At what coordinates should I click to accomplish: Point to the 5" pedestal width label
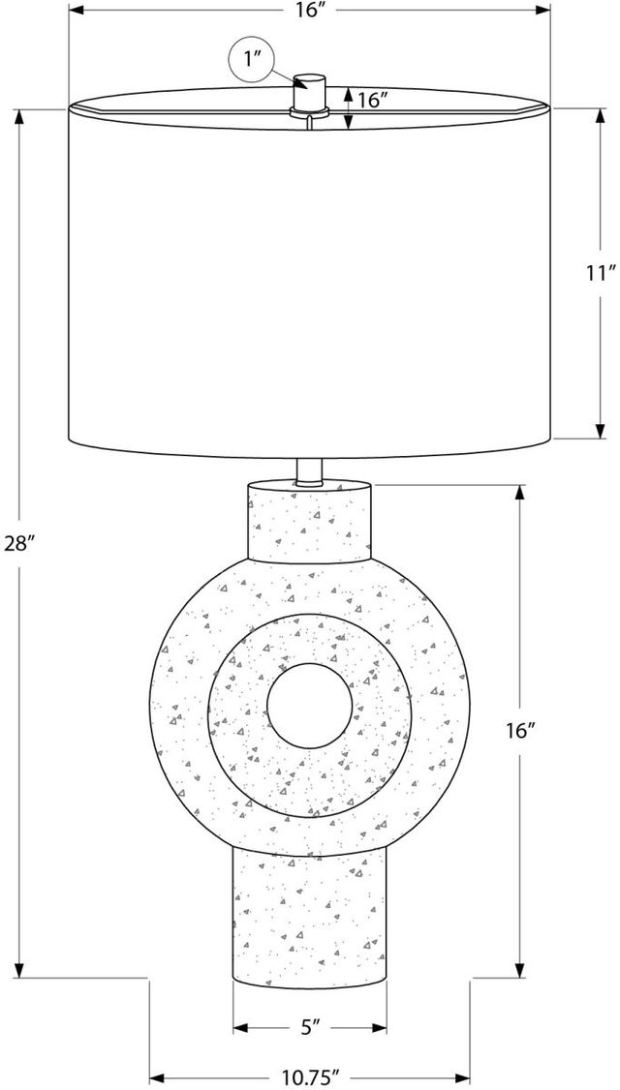310,1026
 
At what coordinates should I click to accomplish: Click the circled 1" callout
252,59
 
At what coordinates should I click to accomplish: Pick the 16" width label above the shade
310,11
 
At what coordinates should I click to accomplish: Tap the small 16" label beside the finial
373,100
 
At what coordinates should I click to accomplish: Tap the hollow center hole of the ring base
310,705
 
